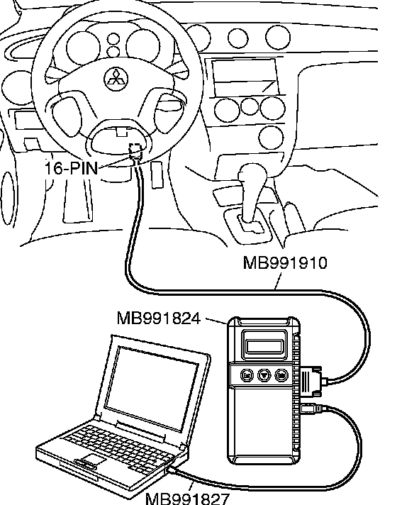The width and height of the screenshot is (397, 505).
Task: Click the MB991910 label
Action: (285, 262)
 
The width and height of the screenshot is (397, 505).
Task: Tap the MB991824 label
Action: (159, 318)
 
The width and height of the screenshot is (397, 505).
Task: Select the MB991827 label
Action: (187, 499)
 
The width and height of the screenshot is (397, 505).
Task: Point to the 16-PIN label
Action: (71, 168)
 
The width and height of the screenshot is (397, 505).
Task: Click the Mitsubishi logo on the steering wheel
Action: (116, 79)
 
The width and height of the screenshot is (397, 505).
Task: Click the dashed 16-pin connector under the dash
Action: (135, 151)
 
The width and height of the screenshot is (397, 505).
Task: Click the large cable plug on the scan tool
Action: (311, 381)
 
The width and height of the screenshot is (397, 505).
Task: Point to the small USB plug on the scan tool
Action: (311, 409)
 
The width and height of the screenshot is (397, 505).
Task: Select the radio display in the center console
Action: (245, 77)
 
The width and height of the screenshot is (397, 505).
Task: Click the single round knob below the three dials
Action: (271, 138)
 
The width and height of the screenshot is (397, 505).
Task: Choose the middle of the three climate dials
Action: (250, 107)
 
